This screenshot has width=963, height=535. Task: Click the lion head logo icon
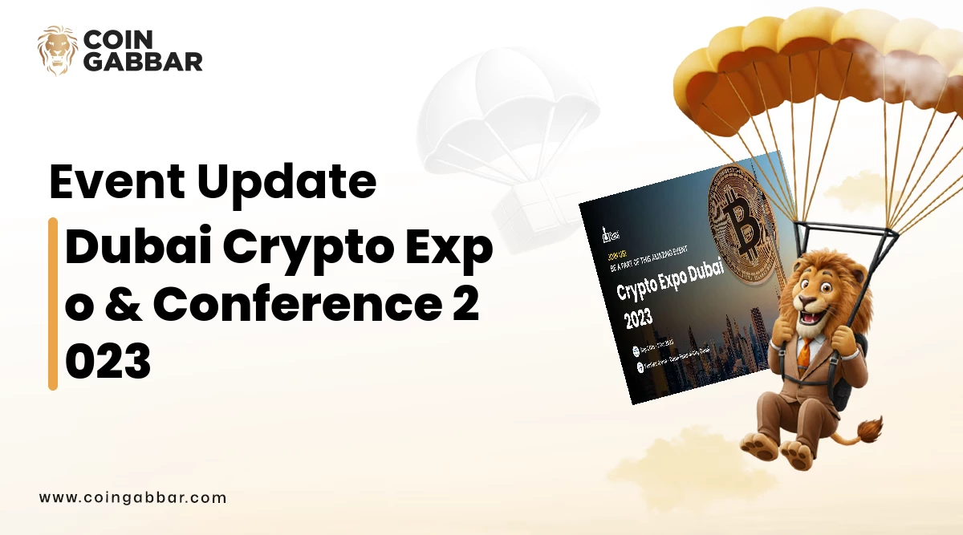click(x=58, y=51)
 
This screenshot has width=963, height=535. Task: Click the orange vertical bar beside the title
click(x=53, y=303)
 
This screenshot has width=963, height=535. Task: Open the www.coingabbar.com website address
click(x=132, y=497)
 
